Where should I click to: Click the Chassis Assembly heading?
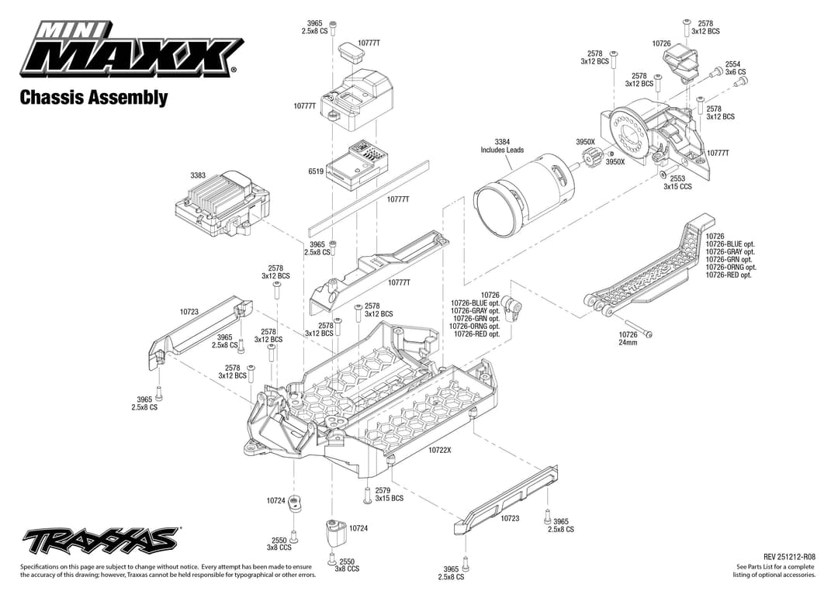tap(93, 98)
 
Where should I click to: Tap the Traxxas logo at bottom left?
tap(101, 540)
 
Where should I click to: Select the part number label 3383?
tap(198, 175)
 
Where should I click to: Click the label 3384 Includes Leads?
tap(502, 146)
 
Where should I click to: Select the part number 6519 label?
tap(316, 171)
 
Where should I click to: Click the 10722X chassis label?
tap(439, 450)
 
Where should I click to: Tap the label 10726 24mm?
tap(628, 338)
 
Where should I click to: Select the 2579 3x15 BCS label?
tap(389, 494)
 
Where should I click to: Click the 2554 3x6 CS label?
tap(735, 68)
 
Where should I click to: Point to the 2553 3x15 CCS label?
tap(677, 182)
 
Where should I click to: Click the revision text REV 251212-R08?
tap(789, 557)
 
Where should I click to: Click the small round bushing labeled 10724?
tap(295, 505)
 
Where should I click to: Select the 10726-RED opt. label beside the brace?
tap(729, 275)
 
